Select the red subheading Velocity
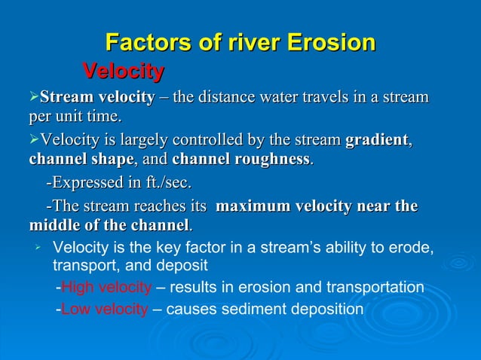123,72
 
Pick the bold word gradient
377,140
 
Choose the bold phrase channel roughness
241,160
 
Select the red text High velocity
106,287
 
